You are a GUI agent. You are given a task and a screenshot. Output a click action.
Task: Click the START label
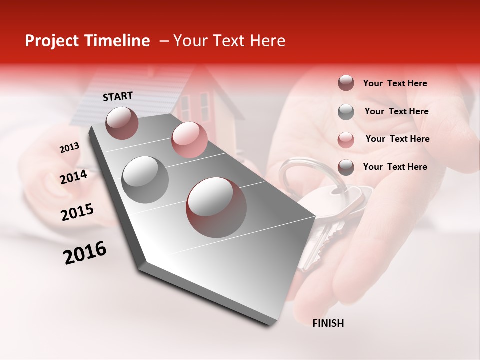pyautogui.click(x=118, y=96)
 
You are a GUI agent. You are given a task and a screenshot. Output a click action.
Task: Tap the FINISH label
pyautogui.click(x=328, y=323)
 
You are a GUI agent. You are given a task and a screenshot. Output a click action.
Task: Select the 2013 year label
pyautogui.click(x=69, y=148)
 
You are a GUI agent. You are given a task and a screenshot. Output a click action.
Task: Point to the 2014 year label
pyautogui.click(x=73, y=177)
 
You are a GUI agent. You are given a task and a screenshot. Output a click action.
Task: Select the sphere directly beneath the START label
pyautogui.click(x=122, y=123)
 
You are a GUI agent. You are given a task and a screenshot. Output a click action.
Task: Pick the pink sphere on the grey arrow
pyautogui.click(x=189, y=139)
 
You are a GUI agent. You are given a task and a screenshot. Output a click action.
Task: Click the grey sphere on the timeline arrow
pyautogui.click(x=145, y=179)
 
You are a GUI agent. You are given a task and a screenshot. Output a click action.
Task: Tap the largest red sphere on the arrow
pyautogui.click(x=216, y=207)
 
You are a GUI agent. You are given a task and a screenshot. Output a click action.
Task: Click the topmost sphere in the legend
pyautogui.click(x=346, y=83)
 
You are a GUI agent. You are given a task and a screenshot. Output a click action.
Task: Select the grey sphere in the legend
pyautogui.click(x=346, y=112)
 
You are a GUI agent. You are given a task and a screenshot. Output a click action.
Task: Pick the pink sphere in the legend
pyautogui.click(x=346, y=139)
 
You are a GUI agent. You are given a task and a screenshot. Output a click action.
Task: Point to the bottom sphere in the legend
pyautogui.click(x=346, y=167)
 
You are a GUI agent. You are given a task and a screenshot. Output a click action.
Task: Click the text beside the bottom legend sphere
pyautogui.click(x=395, y=167)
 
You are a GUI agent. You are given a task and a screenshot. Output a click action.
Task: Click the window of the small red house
pyautogui.click(x=204, y=106)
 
